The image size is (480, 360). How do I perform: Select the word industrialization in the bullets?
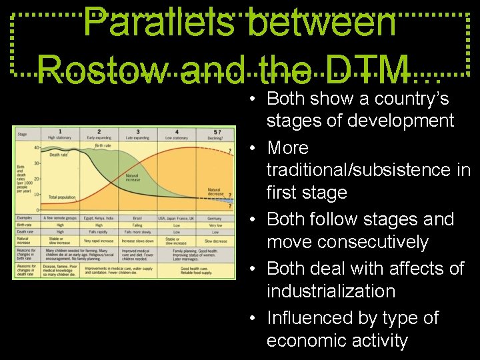pos(331,291)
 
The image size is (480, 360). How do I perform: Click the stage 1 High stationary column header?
pos(61,135)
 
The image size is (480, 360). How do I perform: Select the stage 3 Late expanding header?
pos(138,135)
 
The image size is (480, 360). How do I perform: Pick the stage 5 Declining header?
pos(215,135)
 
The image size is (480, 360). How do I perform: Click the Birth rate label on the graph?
pos(103,145)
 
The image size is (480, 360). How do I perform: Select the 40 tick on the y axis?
pos(35,147)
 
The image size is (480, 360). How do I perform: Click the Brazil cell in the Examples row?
pos(138,218)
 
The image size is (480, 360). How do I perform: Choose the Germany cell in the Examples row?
pos(215,218)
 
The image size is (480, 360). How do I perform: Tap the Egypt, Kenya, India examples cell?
pos(99,218)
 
